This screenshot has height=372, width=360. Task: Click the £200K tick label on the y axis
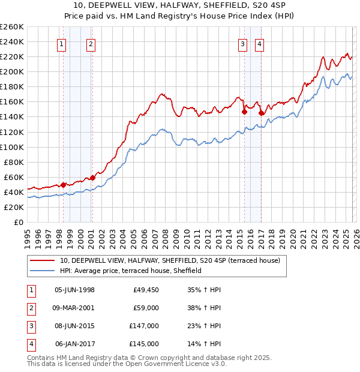[x=12, y=71]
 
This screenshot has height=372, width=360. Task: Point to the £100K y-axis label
[x=12, y=147]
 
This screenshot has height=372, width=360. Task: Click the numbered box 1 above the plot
[x=62, y=43]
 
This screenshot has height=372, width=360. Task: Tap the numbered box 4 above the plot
[x=260, y=43]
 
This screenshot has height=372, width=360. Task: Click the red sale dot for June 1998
[x=63, y=185]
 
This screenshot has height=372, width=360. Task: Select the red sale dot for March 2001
[x=92, y=178]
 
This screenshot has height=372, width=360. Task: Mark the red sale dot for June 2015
[x=244, y=112]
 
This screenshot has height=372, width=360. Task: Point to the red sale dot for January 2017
[x=261, y=113]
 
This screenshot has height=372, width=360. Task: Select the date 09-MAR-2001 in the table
[x=75, y=308]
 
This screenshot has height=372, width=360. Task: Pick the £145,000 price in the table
[x=144, y=344]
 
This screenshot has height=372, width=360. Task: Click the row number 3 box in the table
[x=29, y=326]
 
